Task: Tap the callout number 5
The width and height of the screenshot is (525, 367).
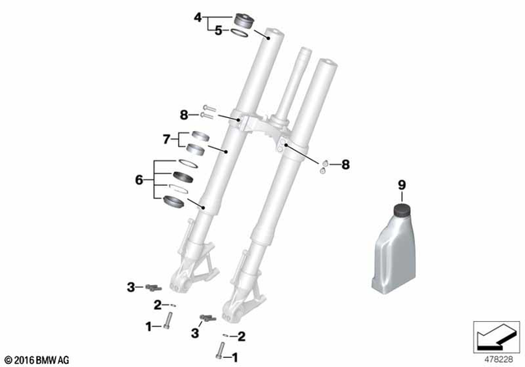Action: pyautogui.click(x=218, y=31)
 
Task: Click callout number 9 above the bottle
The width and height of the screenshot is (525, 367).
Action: pyautogui.click(x=403, y=186)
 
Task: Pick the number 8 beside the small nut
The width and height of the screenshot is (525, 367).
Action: pyautogui.click(x=345, y=165)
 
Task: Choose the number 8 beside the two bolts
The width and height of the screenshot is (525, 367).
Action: pyautogui.click(x=185, y=114)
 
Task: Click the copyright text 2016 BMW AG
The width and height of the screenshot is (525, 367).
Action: pyautogui.click(x=38, y=359)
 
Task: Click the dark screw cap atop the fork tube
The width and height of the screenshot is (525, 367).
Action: pyautogui.click(x=243, y=20)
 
